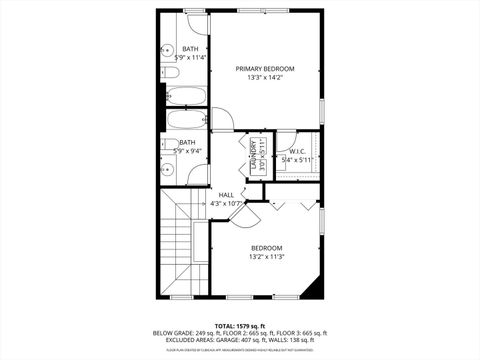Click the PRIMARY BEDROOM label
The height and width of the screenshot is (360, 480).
(x=265, y=69)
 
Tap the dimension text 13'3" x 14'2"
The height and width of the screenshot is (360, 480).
(x=265, y=78)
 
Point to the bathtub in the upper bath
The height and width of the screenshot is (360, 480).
(x=186, y=97)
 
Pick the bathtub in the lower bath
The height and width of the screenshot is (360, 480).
(x=186, y=121)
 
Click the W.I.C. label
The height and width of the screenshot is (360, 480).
(x=297, y=151)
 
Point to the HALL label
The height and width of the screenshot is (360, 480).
(x=227, y=195)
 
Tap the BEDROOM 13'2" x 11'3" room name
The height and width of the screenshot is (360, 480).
(x=266, y=248)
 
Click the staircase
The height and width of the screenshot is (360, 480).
(x=181, y=240)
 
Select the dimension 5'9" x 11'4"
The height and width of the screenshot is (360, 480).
(x=189, y=58)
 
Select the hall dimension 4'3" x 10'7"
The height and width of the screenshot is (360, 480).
(x=227, y=203)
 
